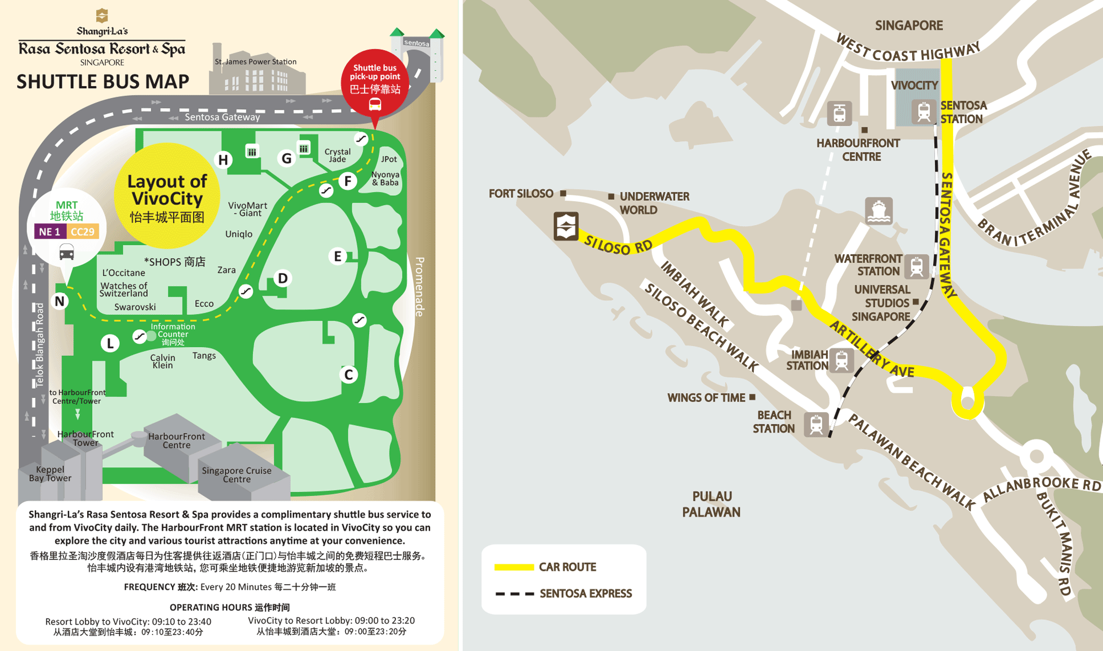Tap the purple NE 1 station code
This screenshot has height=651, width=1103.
pos(50,232)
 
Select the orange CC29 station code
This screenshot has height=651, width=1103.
pos(83,232)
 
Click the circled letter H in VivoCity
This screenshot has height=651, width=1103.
pos(223,160)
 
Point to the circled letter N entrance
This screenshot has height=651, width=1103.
pos(60,301)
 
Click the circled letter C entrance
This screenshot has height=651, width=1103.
pos(349,375)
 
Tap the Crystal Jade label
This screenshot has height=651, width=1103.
pos(338,155)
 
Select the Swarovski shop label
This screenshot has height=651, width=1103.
pos(135,307)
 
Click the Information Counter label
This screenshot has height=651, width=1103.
pos(173,334)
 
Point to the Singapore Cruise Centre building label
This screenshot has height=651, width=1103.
pos(237,475)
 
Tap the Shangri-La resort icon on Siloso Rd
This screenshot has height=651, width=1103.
pos(566,226)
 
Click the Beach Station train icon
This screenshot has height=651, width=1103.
pos(816,424)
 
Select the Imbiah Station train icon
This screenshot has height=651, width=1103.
pos(842,361)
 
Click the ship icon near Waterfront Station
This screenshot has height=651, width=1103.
pos(879,211)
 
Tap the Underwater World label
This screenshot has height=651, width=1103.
pos(654,203)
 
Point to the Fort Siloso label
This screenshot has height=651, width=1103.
pos(521,194)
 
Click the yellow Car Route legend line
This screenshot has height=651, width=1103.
pos(514,567)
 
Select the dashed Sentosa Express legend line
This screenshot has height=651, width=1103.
pos(514,594)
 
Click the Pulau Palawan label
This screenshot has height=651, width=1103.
pos(711,504)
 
